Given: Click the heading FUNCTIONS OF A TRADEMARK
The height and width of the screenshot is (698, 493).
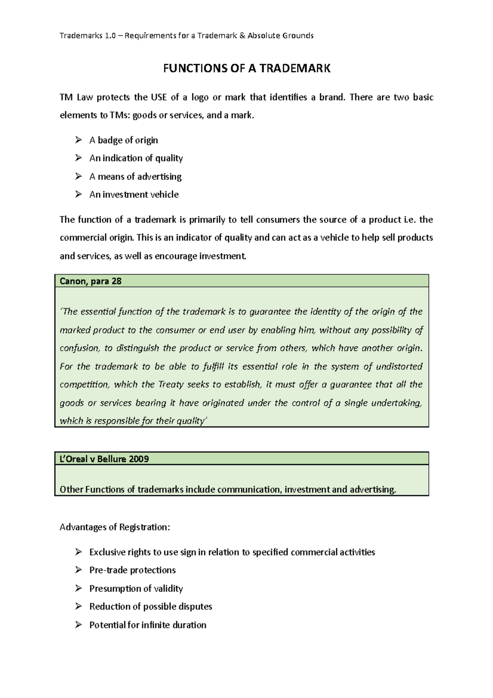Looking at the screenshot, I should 246,68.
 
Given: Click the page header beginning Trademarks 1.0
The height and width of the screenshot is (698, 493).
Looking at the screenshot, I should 187,36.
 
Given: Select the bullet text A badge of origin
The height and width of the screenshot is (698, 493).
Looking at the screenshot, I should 123,140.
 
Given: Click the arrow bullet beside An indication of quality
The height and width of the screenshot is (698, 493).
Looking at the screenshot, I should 78,158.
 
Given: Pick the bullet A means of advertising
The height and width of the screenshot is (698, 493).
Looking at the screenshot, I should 135,176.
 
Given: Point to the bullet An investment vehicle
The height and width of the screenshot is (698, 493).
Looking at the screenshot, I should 134,194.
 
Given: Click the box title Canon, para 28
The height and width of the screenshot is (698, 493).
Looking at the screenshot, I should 90,281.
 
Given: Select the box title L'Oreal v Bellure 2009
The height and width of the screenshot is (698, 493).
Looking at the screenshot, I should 104,459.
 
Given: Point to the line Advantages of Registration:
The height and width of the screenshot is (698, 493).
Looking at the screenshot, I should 115,527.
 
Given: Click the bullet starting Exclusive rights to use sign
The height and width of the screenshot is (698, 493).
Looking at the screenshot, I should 232,552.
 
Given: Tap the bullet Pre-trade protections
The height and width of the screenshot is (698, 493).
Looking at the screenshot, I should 132,570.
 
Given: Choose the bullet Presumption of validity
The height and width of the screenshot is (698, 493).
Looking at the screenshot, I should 136,588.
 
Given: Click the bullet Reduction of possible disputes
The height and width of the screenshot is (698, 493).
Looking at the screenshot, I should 150,606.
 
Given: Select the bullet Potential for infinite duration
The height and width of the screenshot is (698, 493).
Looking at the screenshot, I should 147,625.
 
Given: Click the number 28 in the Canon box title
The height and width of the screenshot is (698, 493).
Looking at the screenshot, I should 116,281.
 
